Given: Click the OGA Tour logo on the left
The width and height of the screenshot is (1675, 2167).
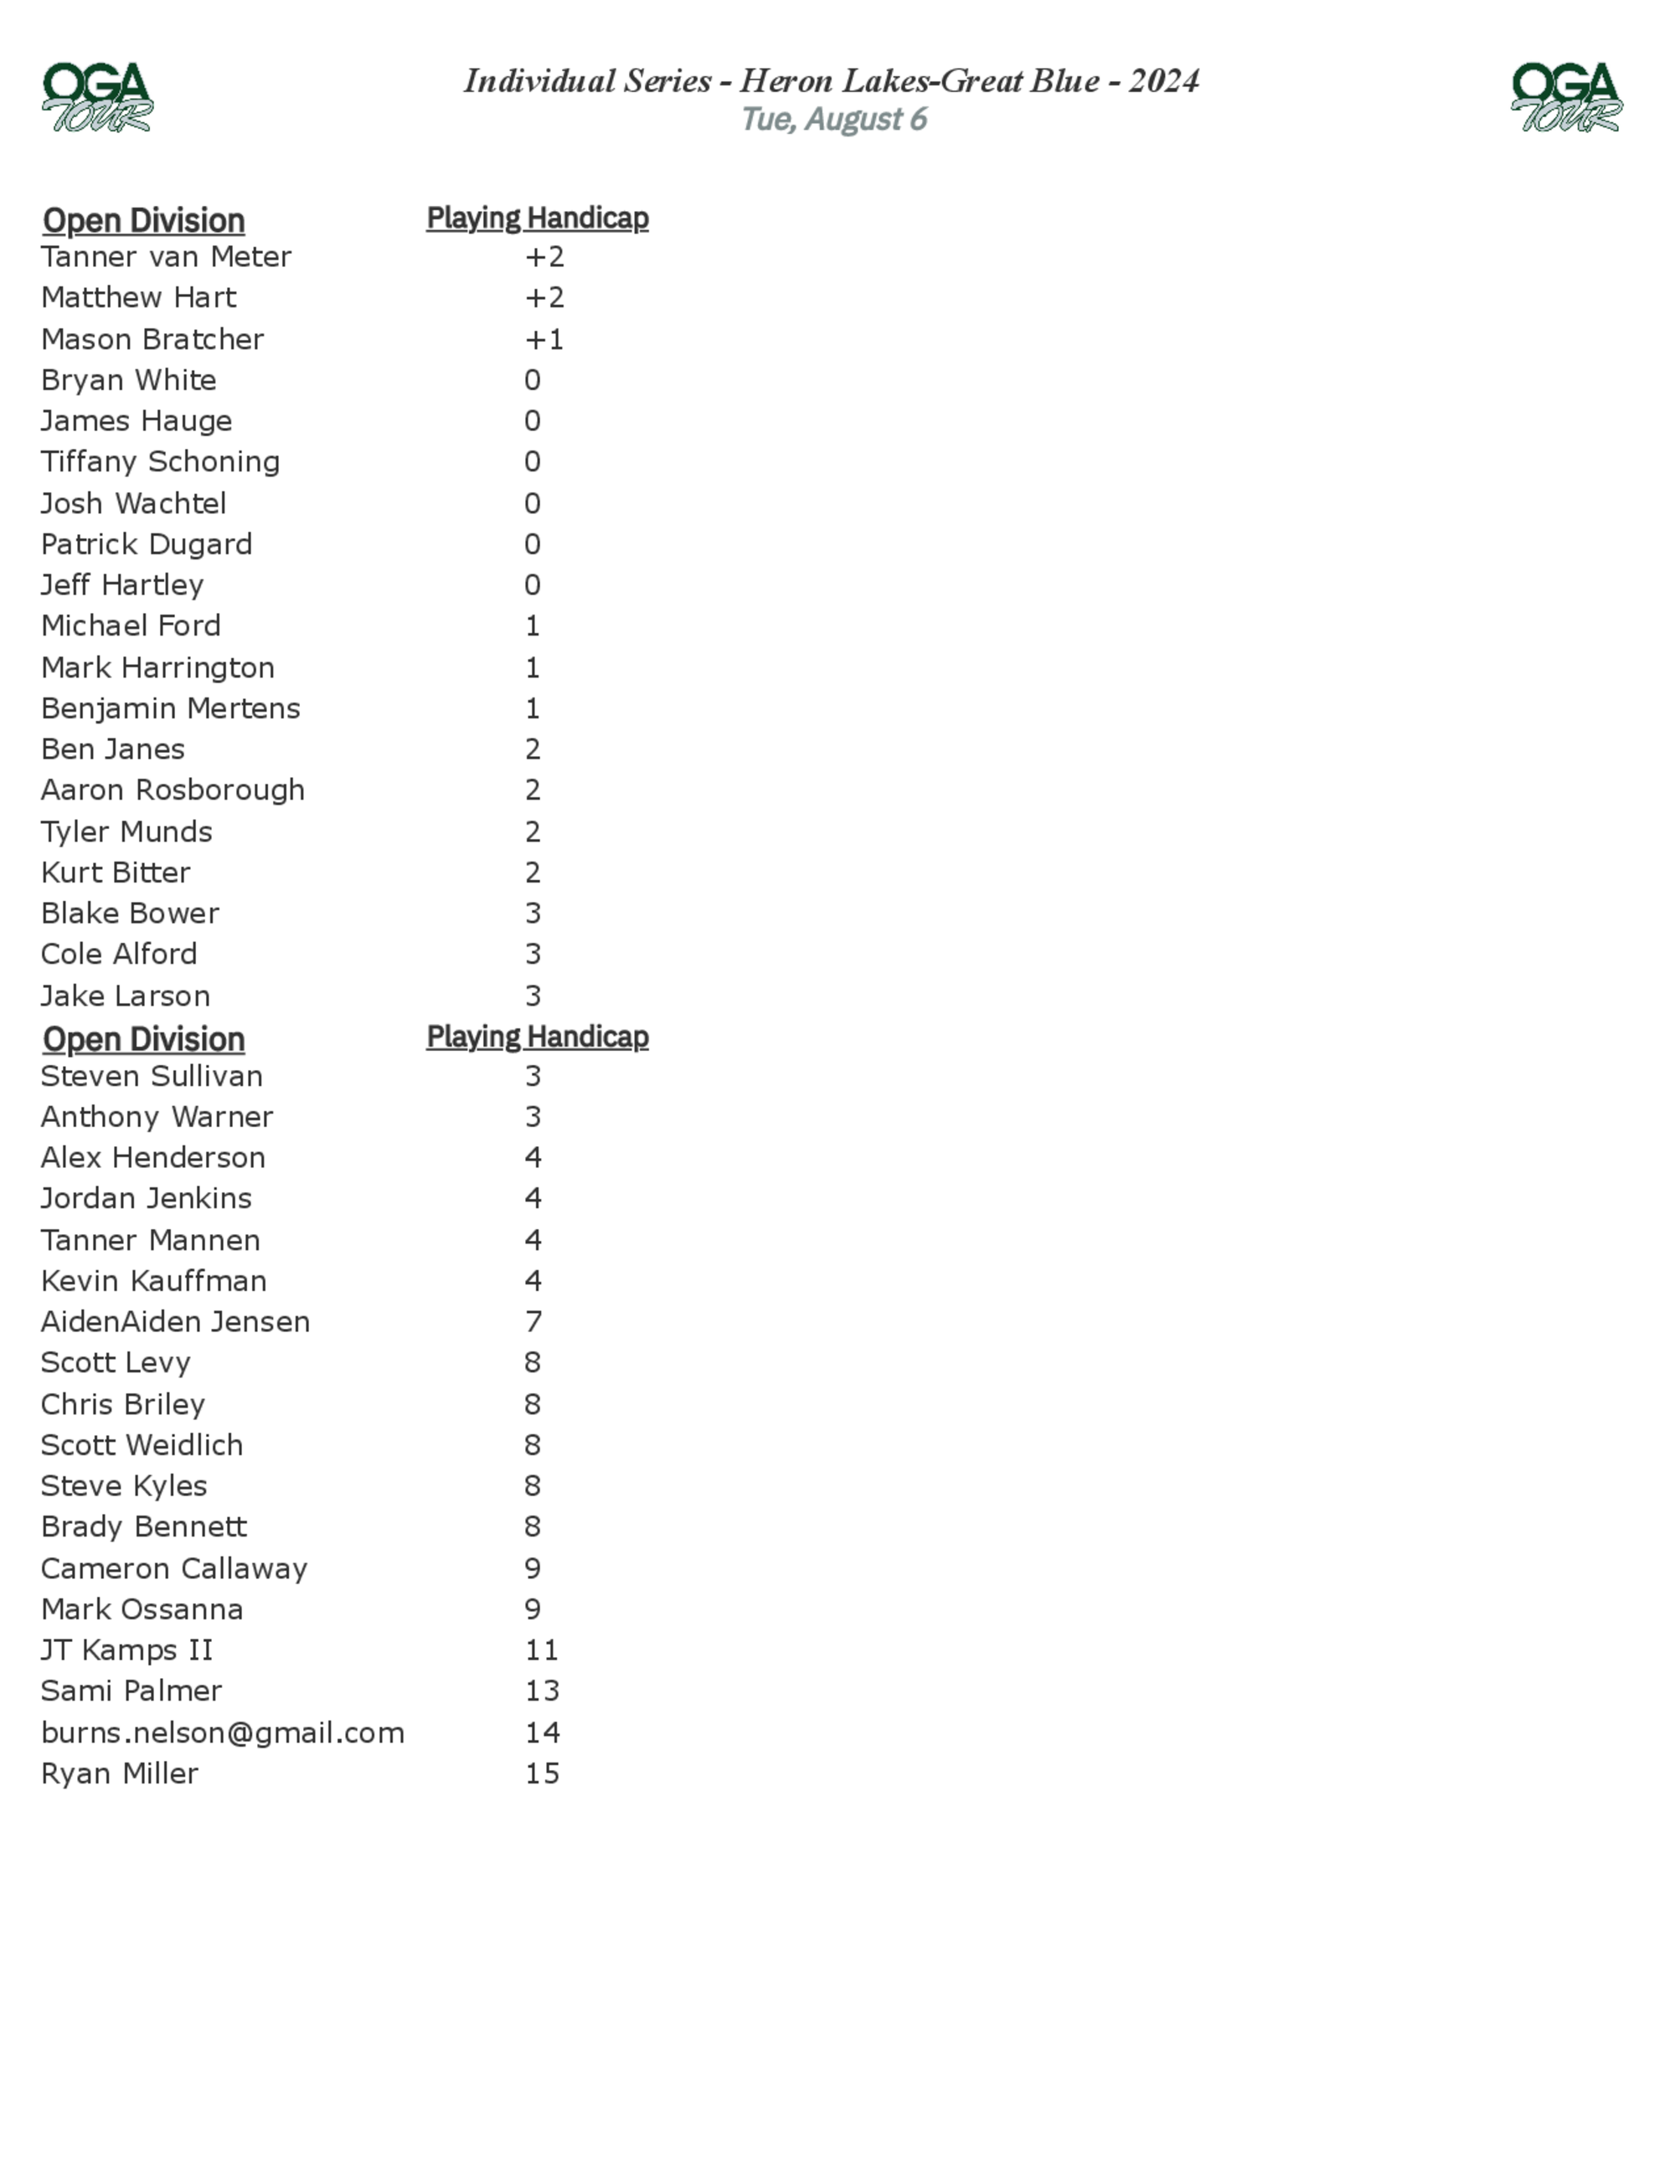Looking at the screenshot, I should click(97, 97).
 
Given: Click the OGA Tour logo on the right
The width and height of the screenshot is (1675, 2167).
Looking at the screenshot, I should click(1566, 97).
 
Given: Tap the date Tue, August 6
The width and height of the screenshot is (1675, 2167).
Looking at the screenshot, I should click(833, 119).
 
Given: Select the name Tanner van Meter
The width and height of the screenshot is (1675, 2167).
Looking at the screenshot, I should click(166, 257).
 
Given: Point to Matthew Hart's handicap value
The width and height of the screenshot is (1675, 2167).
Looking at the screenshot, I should click(544, 297).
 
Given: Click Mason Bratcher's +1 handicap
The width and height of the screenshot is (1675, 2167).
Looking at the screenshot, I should click(544, 339).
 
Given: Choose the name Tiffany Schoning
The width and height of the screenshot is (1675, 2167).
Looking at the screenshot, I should click(160, 461).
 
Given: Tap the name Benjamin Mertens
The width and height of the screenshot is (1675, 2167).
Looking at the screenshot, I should click(170, 708).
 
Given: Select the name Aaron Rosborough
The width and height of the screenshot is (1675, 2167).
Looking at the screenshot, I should click(173, 790).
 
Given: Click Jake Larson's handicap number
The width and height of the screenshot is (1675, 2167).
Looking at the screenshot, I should click(533, 996).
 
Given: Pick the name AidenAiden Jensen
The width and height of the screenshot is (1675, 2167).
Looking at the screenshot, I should click(175, 1321).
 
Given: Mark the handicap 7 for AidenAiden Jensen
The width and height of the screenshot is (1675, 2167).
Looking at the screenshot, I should click(533, 1321).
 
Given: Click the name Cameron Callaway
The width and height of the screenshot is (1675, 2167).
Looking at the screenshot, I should click(173, 1568).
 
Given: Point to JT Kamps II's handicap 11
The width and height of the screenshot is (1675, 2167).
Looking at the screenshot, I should click(542, 1650).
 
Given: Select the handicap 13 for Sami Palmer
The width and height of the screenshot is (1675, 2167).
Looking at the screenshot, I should click(542, 1691).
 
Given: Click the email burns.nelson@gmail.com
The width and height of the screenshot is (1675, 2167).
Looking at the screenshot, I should click(222, 1732).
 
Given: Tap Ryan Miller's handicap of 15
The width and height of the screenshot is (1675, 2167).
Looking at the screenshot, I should click(542, 1773).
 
